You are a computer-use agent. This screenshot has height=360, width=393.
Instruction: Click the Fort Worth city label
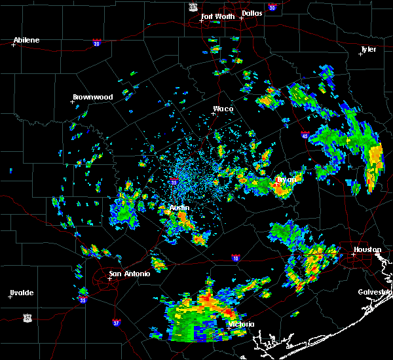tap(217, 16)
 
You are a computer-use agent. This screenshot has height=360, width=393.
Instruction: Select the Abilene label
tap(26, 40)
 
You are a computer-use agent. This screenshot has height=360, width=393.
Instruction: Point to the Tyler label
tap(368, 49)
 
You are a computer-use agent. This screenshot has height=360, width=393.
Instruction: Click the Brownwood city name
tap(92, 97)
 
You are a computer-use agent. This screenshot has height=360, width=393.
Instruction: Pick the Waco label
tap(223, 109)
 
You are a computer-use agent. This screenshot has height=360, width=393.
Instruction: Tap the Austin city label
tap(179, 207)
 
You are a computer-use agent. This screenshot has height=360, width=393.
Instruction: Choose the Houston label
tap(367, 249)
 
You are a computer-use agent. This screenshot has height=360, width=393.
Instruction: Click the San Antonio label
tap(129, 274)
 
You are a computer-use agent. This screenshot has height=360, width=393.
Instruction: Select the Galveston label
tap(375, 292)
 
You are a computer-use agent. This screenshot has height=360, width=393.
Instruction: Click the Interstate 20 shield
tap(96, 43)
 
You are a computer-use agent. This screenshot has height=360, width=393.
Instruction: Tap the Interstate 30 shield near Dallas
tap(272, 8)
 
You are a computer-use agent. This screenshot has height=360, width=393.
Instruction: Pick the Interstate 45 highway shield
tap(305, 136)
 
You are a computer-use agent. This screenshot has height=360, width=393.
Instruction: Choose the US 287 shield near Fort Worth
tap(193, 6)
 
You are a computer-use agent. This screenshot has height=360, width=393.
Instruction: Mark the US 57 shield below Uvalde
tap(27, 317)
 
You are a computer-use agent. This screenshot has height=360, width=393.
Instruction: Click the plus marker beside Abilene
tap(13, 45)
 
